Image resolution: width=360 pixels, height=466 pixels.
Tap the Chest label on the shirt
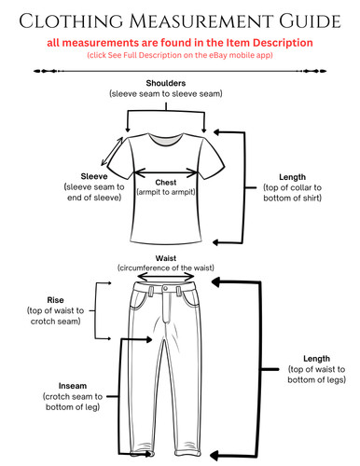click(x=166, y=182)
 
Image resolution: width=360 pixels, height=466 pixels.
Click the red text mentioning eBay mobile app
click(x=179, y=55)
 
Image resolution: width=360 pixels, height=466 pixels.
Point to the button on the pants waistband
click(x=166, y=290)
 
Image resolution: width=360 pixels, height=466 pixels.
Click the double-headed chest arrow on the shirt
click(x=166, y=172)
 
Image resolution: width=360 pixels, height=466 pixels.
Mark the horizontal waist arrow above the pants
click(x=166, y=277)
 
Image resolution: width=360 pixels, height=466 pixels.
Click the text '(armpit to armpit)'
click(x=166, y=192)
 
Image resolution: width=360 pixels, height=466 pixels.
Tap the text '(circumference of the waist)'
click(x=166, y=268)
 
